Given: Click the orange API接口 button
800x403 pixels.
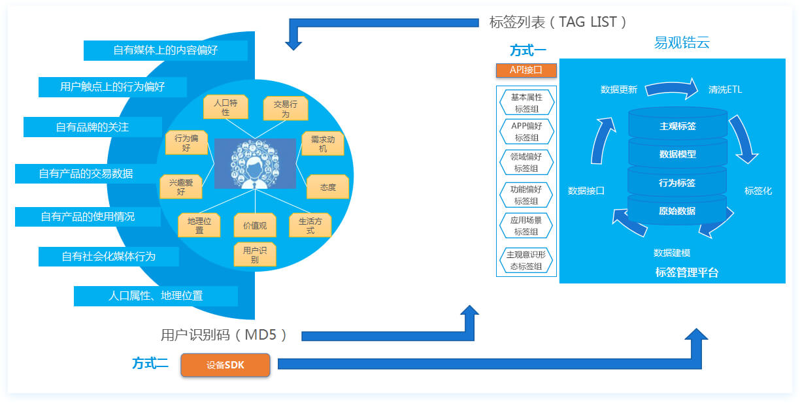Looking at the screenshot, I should coord(526,70).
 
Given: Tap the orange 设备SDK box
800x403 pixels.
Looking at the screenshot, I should coord(225,365).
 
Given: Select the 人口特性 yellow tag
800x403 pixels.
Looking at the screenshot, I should coord(225,107).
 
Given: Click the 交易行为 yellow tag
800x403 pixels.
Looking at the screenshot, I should coord(286,108).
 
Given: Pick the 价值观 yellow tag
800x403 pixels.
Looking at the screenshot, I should coord(255,225).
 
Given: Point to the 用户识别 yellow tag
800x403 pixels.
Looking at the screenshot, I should coord(255,255).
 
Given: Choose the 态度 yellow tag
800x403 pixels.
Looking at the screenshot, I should coord(327,187).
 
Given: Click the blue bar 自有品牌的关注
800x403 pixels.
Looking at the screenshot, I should coord(92,127).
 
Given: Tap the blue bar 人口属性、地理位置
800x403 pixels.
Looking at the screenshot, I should coord(156,296).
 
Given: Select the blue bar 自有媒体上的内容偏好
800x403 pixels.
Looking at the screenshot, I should coord(165,50).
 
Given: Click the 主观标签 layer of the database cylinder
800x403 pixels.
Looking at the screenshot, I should coord(677,125).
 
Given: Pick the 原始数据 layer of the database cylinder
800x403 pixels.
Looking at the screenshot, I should coord(677,211).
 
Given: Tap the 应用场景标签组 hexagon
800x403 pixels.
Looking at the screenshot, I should coord(526,226).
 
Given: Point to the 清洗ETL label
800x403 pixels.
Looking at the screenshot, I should coord(725,89).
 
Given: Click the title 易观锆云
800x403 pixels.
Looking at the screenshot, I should coord(682,43).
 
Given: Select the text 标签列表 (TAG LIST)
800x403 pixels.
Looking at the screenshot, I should coord(558,22).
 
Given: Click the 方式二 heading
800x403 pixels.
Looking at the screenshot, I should coord(150,364).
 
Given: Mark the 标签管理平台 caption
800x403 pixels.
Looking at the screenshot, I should coord(687,272).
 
